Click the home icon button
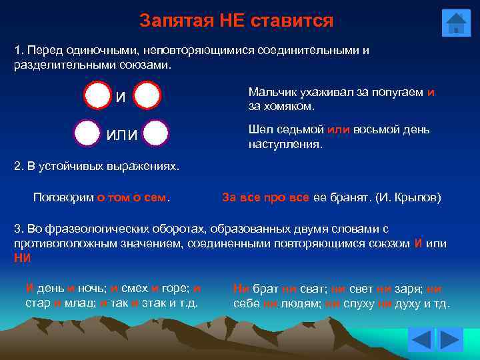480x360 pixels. (x=456, y=23)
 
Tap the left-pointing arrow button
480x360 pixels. (x=421, y=340)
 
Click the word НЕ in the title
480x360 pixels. (x=231, y=21)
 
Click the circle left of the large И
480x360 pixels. (x=98, y=95)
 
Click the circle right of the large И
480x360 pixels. (x=147, y=95)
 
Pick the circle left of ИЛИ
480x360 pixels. (x=87, y=133)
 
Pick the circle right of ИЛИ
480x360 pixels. (x=155, y=133)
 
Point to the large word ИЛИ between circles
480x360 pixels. (x=122, y=135)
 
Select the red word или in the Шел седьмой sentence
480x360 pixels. (x=339, y=129)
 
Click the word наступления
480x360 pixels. (x=285, y=143)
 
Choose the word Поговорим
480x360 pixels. (x=63, y=197)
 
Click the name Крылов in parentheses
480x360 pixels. (x=416, y=197)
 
